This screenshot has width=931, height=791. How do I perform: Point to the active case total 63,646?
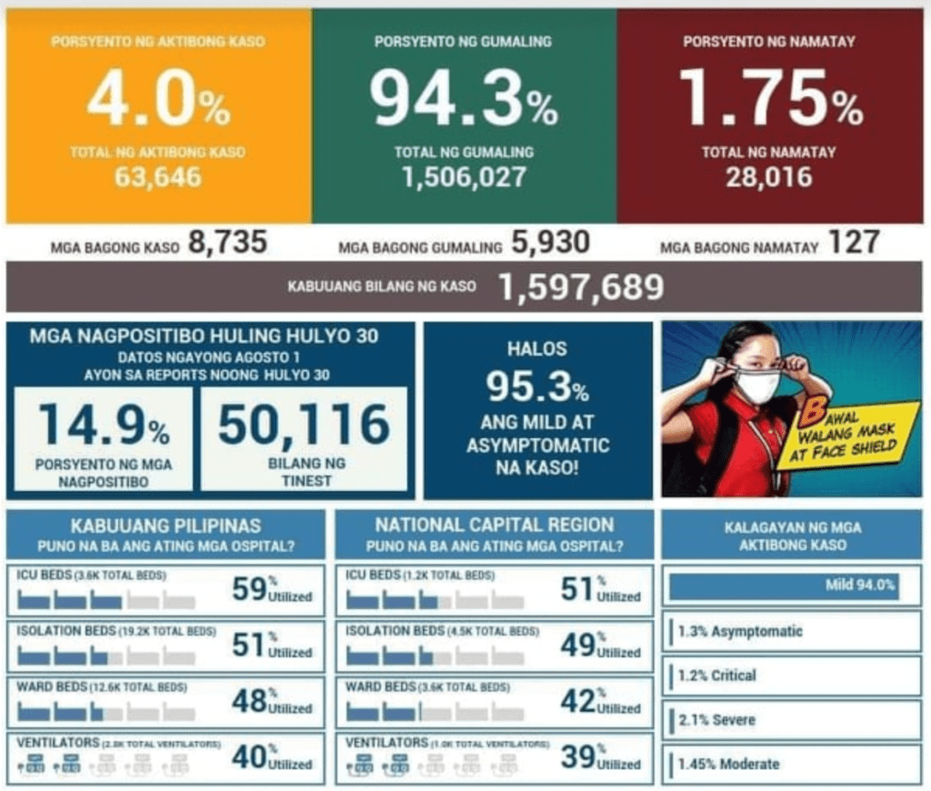pos(157,176)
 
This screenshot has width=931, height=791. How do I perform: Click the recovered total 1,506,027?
pos(464,176)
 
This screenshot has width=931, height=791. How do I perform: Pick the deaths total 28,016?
pos(768,176)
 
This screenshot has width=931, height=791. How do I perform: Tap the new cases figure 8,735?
pos(227,243)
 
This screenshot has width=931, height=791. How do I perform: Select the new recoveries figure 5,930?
pos(550,243)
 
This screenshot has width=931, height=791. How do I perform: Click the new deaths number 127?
pos(854,243)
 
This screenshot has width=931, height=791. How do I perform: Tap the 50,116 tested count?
pos(304,425)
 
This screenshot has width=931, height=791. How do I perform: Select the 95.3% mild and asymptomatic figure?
pos(537,388)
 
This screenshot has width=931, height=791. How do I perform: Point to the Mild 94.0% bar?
pos(784,586)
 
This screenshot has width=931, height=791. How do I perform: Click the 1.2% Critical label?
pos(718,676)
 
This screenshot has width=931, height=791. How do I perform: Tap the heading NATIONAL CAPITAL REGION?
pos(494,525)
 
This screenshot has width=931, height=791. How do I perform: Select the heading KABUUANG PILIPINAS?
pos(165,525)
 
